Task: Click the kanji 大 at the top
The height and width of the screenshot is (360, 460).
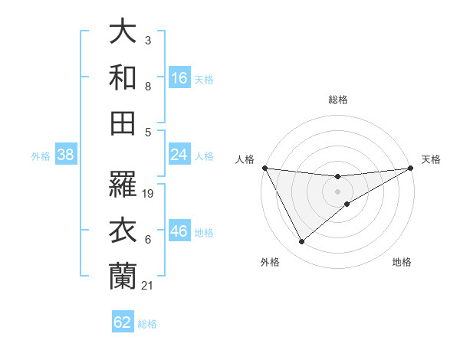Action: coord(123,32)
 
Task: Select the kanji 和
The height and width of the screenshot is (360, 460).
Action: coord(123,77)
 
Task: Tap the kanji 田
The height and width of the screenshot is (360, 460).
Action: coord(123,123)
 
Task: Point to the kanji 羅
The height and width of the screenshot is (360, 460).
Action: coord(123,184)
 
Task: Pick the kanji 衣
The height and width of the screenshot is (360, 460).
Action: coord(123,230)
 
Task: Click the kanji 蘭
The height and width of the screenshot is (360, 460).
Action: coord(123,276)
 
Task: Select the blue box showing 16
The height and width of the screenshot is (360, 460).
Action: coord(179,78)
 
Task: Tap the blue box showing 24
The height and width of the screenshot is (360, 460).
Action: coord(179,155)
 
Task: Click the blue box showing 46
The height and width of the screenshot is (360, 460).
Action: coord(179,232)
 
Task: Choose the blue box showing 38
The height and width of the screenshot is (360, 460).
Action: coord(66,155)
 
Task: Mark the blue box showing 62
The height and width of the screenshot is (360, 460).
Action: coord(123,322)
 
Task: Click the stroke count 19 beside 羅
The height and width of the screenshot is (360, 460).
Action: coord(149,194)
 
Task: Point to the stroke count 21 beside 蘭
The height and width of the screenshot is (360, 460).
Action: coord(148,286)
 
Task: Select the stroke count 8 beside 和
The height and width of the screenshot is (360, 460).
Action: coord(147,87)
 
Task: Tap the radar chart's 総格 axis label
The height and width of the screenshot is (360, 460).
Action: coord(337,100)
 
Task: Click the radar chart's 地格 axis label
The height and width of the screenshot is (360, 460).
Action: coord(402,263)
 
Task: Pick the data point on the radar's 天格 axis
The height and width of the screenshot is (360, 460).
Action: coord(411,168)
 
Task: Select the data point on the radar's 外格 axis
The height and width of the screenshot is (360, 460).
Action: coord(301,242)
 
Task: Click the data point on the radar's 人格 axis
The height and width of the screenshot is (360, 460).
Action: coord(264,168)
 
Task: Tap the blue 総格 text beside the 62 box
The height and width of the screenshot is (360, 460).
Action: coord(148,324)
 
